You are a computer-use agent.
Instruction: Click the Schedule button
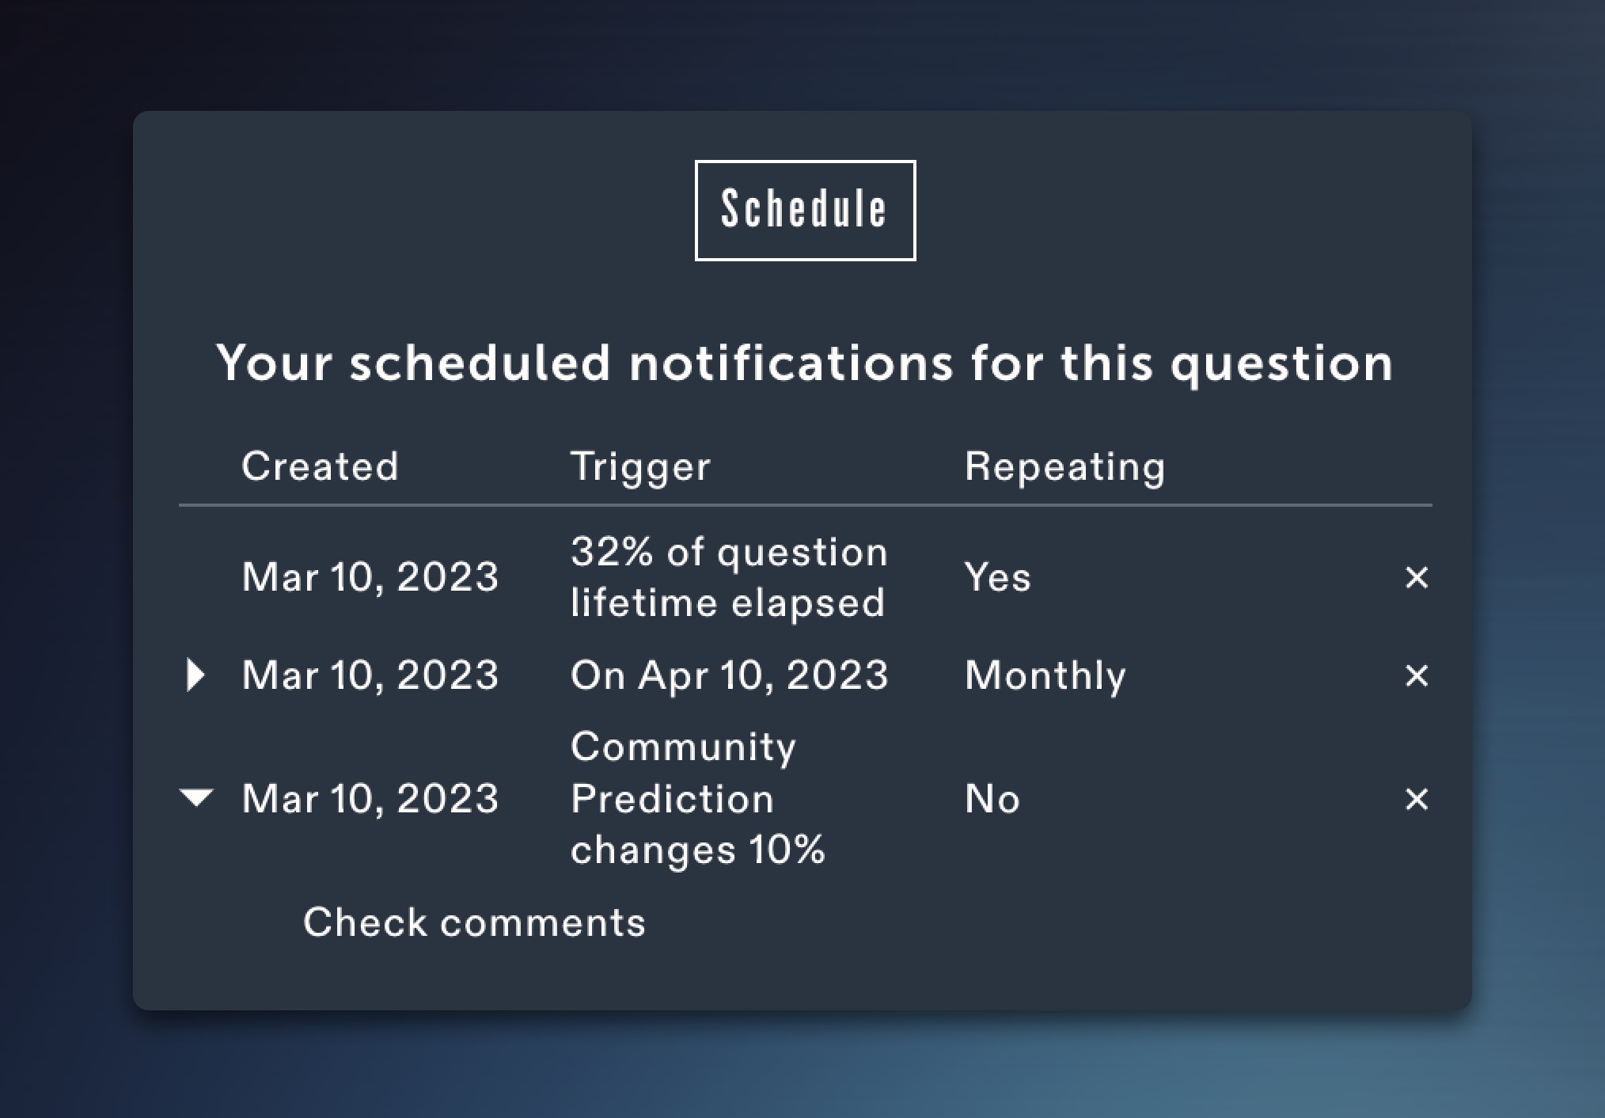pos(805,211)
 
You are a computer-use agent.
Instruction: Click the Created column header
pos(320,466)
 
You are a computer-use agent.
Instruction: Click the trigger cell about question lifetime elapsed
pos(729,576)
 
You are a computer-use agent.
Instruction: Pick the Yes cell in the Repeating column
pos(997,576)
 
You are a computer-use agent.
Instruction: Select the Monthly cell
pos(1045,676)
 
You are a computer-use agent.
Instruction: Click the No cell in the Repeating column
pos(992,798)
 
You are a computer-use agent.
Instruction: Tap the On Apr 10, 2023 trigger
pos(729,675)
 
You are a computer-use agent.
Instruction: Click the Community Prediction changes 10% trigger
pos(697,798)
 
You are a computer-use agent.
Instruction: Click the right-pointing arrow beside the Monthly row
pos(195,675)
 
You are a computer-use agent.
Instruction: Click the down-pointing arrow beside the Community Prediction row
pos(196,797)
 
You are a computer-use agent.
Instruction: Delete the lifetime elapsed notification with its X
pos(1417,577)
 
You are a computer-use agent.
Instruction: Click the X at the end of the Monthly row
pos(1417,675)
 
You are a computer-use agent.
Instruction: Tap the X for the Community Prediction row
pos(1417,799)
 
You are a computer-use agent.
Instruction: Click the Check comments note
pos(474,922)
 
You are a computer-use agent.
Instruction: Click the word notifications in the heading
pos(791,363)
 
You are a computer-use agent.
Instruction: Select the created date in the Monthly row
pos(370,675)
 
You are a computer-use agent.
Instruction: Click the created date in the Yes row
pos(370,576)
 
